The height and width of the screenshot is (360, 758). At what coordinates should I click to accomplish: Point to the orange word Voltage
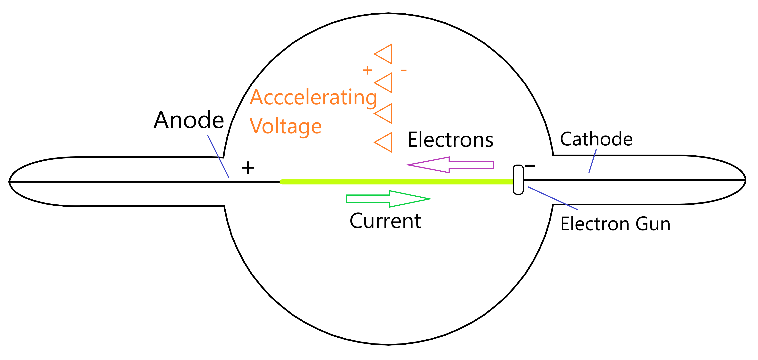[x=285, y=126]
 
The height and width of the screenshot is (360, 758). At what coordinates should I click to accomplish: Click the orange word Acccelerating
[x=313, y=98]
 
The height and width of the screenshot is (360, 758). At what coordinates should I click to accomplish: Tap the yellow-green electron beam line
[x=397, y=182]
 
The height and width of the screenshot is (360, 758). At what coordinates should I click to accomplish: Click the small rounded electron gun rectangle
[x=518, y=180]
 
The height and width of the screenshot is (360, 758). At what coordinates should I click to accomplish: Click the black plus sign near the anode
[x=248, y=168]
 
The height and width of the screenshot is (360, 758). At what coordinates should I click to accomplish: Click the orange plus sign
[x=367, y=70]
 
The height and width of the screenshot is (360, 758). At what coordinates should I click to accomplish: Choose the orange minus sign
[x=404, y=70]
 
